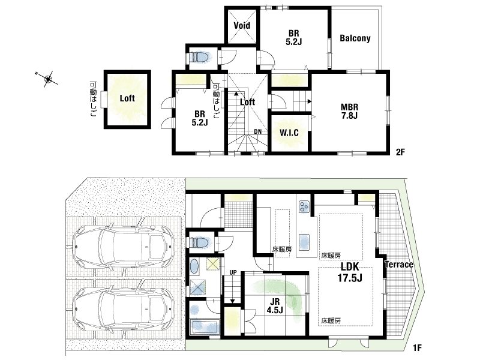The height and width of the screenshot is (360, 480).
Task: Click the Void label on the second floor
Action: point(242,25)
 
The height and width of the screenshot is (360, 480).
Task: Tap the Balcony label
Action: point(355,38)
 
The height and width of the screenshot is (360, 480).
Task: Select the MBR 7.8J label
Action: point(350,111)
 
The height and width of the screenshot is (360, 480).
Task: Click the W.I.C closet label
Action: point(289,133)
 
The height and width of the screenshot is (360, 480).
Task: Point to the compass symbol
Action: point(48,79)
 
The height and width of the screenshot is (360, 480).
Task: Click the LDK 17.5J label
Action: point(350,272)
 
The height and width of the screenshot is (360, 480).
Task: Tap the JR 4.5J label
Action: point(275,306)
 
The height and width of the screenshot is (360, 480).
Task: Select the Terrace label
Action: point(399,265)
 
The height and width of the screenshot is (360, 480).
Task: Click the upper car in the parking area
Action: point(124,246)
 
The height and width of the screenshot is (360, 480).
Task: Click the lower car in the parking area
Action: point(124,308)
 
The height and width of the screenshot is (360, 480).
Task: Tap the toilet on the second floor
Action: point(200,57)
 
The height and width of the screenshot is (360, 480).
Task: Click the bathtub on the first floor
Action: point(205,328)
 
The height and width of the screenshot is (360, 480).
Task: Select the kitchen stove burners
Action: point(304,206)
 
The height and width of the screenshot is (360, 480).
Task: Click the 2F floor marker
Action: point(400,152)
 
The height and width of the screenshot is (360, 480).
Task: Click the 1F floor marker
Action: point(417,348)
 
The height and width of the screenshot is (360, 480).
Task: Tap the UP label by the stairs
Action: point(233,272)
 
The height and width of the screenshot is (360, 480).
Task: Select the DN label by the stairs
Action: point(258,131)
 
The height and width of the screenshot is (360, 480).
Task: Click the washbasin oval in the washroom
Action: point(194,266)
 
